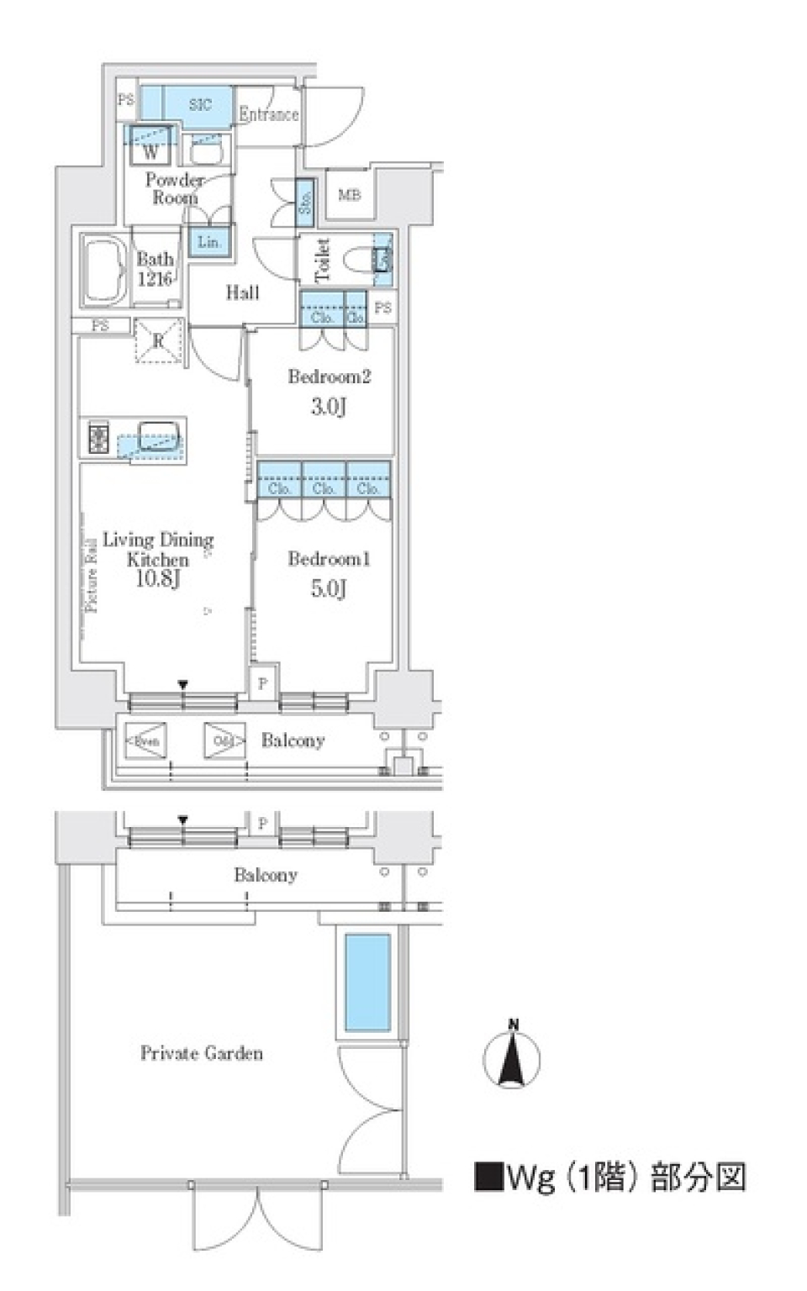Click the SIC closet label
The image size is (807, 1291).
point(200,104)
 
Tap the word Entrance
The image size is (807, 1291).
point(268,114)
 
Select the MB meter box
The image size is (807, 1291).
point(349,195)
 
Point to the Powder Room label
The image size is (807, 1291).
point(174,189)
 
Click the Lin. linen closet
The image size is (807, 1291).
point(208,242)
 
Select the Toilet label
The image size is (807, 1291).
point(322,260)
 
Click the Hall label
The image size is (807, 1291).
point(242,292)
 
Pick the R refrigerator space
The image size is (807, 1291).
point(159,341)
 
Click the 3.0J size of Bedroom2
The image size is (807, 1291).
point(328,407)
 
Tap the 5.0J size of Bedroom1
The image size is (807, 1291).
point(328,588)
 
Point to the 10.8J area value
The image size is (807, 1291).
point(157,578)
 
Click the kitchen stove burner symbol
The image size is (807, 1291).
point(99,438)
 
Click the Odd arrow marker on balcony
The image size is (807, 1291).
point(224,740)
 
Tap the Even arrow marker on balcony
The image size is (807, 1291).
point(145,740)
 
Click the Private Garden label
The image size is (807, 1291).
point(201,1053)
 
